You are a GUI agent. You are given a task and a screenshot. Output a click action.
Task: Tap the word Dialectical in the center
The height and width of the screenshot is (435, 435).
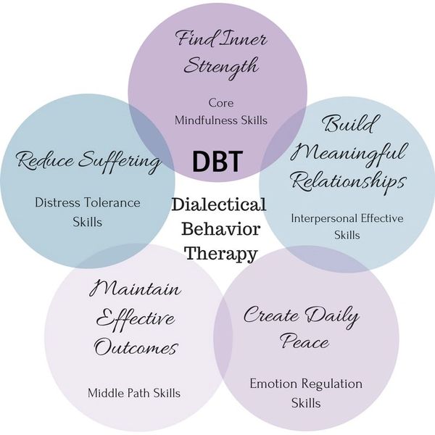219,205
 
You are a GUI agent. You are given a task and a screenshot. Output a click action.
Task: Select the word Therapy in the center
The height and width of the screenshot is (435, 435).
220,253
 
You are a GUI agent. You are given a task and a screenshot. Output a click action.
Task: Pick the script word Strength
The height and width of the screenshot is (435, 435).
220,67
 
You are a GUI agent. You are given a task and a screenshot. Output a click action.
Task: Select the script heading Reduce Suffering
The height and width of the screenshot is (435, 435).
88,160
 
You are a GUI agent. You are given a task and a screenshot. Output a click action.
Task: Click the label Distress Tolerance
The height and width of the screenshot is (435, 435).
88,202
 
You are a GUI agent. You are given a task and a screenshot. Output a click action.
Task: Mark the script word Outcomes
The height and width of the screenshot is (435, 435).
135,347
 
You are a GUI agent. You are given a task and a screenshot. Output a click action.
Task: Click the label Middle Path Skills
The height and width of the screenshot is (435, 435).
134,393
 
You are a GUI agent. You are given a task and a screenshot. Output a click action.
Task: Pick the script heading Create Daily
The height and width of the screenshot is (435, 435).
301,316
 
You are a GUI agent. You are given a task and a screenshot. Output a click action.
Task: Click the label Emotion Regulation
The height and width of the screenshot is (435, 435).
305,384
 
